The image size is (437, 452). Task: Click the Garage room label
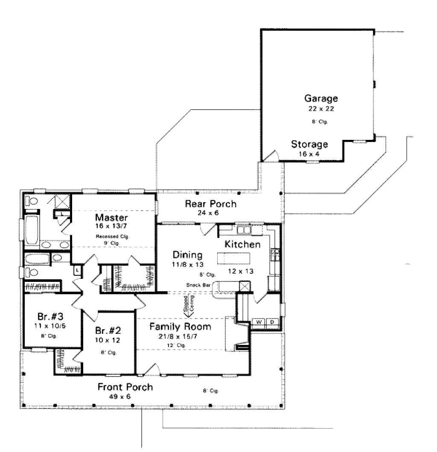pyautogui.click(x=321, y=99)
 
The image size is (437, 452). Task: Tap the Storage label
pyautogui.click(x=309, y=144)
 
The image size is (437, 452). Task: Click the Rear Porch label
pyautogui.click(x=210, y=204)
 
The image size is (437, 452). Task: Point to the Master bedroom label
pyautogui.click(x=111, y=217)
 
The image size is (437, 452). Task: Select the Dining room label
pyautogui.click(x=187, y=255)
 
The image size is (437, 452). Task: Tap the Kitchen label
pyautogui.click(x=242, y=244)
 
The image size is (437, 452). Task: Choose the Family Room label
pyautogui.click(x=180, y=327)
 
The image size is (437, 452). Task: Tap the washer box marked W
pyautogui.click(x=259, y=322)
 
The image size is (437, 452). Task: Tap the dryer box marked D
pyautogui.click(x=271, y=322)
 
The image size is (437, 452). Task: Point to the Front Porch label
pyautogui.click(x=125, y=388)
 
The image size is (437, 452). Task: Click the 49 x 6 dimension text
pyautogui.click(x=120, y=397)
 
